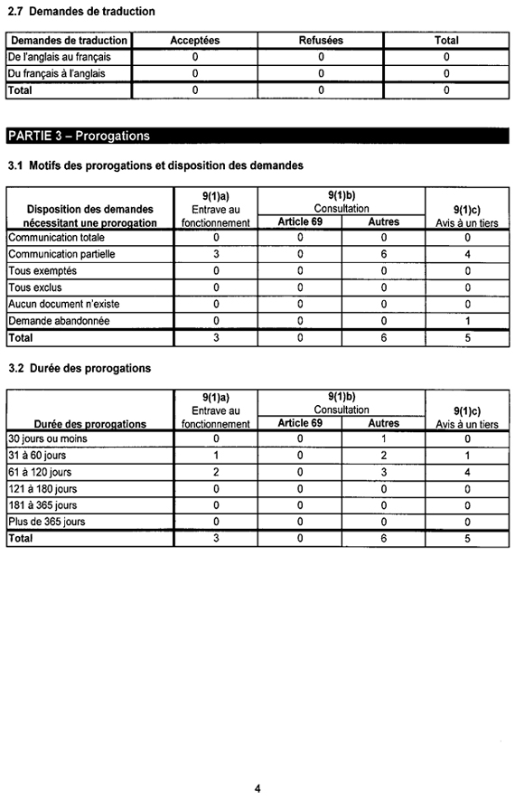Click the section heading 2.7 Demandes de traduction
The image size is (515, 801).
[x=81, y=12]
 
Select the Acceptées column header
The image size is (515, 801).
[x=194, y=41]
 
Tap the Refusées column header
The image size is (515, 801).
[x=321, y=41]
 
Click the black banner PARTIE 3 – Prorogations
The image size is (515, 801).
[x=78, y=136]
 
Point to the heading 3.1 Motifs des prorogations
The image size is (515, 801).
[x=154, y=166]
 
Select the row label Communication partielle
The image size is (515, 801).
[x=61, y=254]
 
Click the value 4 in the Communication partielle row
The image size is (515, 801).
[x=467, y=254]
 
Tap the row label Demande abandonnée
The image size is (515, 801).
[x=59, y=320]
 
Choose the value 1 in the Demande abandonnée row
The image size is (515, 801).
[x=467, y=320]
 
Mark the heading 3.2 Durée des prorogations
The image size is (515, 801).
[x=80, y=369]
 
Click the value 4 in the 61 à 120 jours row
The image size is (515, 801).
[x=467, y=472]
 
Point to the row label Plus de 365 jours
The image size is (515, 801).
[x=47, y=522]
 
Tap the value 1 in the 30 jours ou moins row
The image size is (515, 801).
[x=383, y=438]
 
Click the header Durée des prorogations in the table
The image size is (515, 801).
[x=89, y=423]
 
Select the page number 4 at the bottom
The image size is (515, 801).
[x=257, y=788]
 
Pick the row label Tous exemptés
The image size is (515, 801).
[x=42, y=270]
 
